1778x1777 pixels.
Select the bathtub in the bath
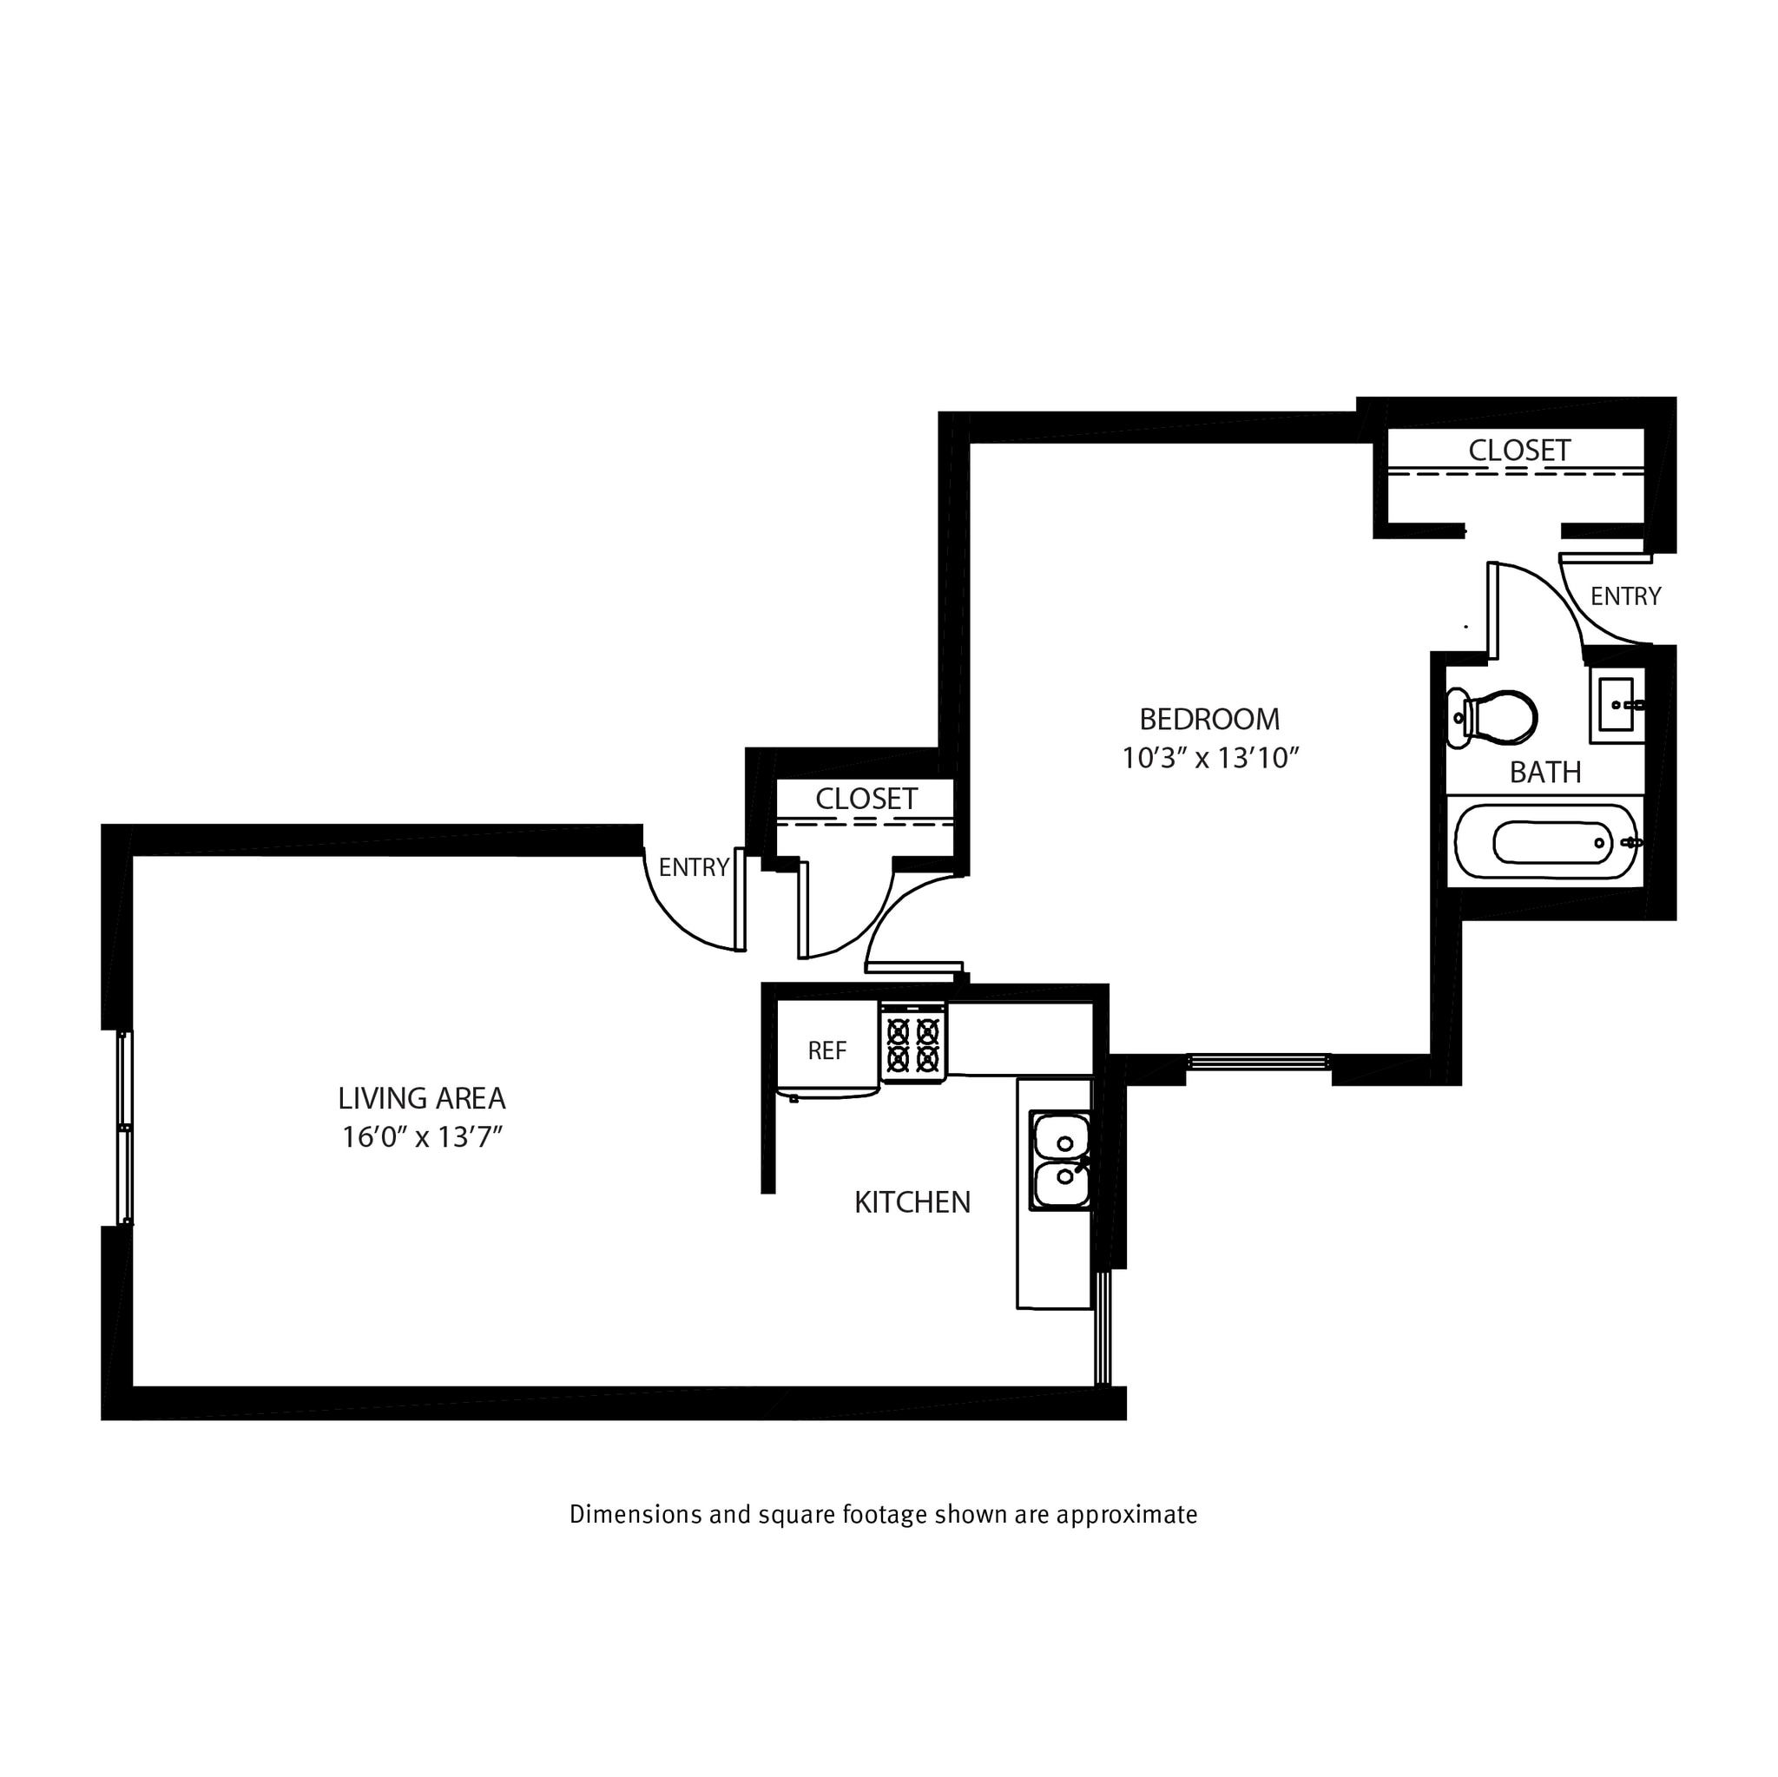coord(1546,843)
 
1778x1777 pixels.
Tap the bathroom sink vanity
coord(1617,706)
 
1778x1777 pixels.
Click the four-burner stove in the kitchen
coord(913,1043)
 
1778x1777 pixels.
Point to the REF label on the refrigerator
coord(826,1051)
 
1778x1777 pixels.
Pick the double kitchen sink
coord(1060,1160)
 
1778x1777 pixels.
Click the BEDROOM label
coord(1209,719)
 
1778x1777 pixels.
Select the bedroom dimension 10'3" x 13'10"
coord(1209,758)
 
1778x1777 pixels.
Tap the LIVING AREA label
coord(421,1098)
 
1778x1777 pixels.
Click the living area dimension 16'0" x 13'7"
coord(421,1138)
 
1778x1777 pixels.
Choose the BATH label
coord(1545,772)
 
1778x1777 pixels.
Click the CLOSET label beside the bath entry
coord(1518,450)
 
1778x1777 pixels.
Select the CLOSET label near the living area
coord(866,799)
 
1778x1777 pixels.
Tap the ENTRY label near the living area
coord(694,867)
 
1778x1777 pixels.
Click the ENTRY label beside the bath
coord(1625,596)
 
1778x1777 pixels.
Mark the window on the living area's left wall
coord(125,1128)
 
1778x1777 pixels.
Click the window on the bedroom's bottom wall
coord(1258,1061)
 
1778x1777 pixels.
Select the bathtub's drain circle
coord(1599,843)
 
